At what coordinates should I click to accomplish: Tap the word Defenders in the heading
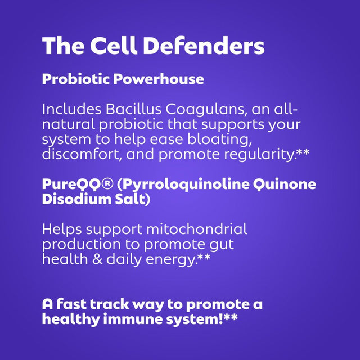(204, 46)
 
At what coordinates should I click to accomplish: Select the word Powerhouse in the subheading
(159, 79)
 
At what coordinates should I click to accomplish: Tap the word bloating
(219, 139)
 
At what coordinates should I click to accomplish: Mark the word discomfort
(82, 154)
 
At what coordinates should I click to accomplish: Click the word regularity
(260, 154)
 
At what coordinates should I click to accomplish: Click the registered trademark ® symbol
(107, 184)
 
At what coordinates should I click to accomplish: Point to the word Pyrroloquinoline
(183, 185)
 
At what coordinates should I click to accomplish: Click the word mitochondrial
(197, 229)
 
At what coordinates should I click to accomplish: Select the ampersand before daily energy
(97, 259)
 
